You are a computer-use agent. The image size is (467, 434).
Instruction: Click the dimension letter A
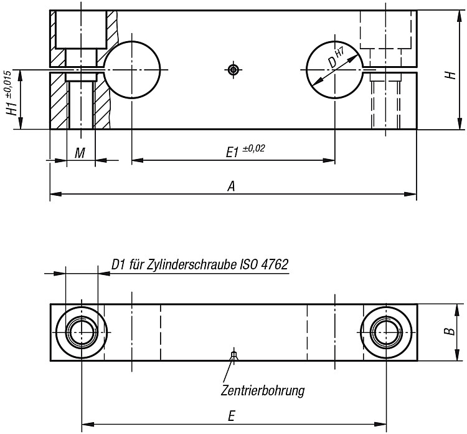(x=232, y=186)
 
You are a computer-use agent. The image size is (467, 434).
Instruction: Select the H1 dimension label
(x=13, y=108)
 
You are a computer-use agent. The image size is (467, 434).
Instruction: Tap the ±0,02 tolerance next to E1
(x=253, y=148)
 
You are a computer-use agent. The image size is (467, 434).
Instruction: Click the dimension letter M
(x=80, y=153)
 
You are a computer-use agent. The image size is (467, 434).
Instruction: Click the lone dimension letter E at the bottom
(x=232, y=416)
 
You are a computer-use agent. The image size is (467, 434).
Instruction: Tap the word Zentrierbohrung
(x=263, y=390)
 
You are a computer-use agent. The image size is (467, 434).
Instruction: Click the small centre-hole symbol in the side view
(x=233, y=70)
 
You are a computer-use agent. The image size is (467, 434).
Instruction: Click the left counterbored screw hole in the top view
(x=82, y=332)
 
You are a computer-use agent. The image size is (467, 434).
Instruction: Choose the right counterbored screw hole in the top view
(x=386, y=332)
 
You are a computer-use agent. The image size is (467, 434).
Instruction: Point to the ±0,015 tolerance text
(x=9, y=83)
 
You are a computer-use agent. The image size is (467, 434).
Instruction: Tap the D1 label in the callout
(x=118, y=264)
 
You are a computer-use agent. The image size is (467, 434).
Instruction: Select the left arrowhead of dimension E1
(x=138, y=160)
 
